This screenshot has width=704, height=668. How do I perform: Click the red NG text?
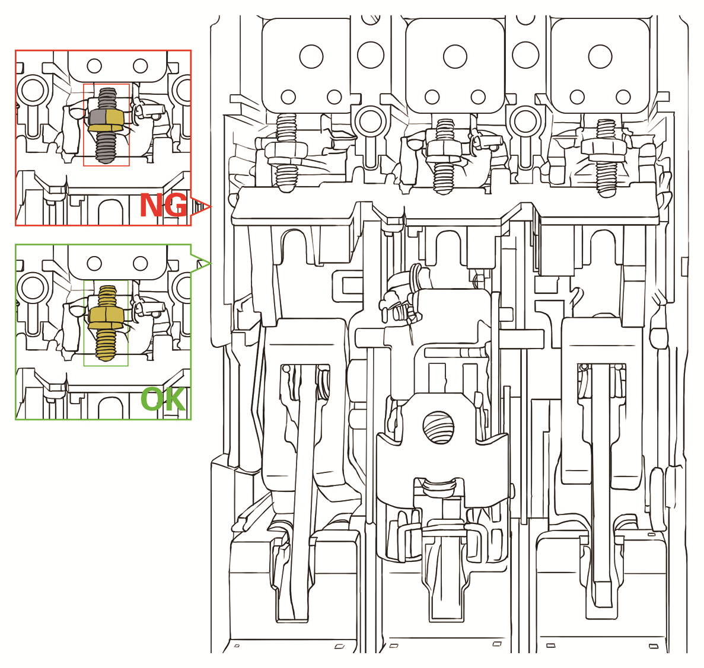click(x=163, y=206)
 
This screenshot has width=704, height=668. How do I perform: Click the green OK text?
click(x=163, y=400)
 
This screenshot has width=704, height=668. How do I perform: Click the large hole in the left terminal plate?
click(x=311, y=57)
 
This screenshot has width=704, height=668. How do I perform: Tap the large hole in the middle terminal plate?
click(x=455, y=57)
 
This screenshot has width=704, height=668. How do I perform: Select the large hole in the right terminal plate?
click(x=600, y=57)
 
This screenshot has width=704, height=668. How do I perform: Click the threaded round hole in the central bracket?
click(x=438, y=427)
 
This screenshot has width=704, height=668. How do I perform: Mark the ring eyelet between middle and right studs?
click(x=525, y=121)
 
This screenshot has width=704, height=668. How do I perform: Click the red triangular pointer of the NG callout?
click(x=202, y=207)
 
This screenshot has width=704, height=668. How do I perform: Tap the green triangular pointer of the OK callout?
click(x=201, y=261)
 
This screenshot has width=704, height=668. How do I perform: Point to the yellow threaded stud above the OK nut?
click(x=107, y=295)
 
